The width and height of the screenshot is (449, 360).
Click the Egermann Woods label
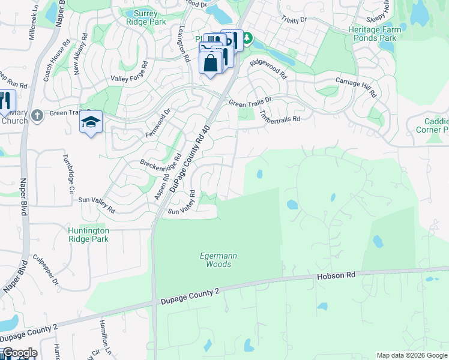click(218, 260)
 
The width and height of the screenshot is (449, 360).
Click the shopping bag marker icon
click(210, 63)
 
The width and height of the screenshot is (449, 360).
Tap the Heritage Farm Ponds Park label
click(372, 33)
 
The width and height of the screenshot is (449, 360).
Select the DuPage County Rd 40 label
click(190, 159)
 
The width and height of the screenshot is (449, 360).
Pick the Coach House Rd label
click(52, 61)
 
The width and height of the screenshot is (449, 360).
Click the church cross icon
click(37, 115)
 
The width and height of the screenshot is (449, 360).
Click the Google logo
click(19, 353)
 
